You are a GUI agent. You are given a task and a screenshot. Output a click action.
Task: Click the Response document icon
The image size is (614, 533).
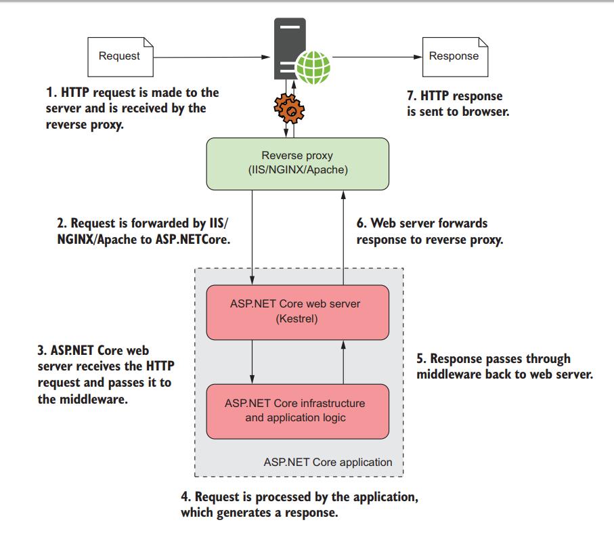tap(453, 56)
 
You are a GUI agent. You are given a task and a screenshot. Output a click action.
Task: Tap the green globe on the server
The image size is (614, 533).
tap(313, 67)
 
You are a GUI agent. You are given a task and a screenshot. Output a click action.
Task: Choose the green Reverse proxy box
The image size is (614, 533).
tap(298, 163)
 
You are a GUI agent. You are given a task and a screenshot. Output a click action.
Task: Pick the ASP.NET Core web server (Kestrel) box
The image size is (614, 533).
tap(298, 312)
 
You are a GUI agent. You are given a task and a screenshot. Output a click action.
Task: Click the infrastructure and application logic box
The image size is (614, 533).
tap(298, 410)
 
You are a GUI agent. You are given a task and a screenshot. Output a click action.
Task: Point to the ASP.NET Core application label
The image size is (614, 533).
tap(328, 463)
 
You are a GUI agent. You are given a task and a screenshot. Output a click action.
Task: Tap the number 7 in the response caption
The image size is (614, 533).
tap(411, 96)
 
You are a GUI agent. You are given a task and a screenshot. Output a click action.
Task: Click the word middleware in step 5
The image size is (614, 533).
tap(448, 373)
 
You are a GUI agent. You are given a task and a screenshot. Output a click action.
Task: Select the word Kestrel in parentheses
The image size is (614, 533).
tap(298, 318)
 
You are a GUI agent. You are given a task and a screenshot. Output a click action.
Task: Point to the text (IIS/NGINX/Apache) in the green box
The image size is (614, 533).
tap(298, 170)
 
